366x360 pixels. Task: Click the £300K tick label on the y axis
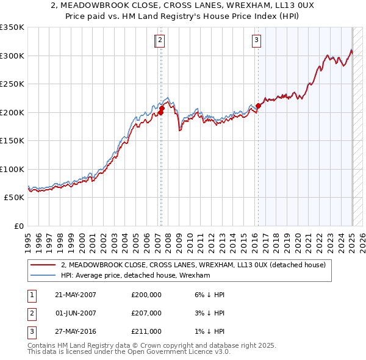pyautogui.click(x=12, y=56)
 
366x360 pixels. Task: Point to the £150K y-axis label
pyautogui.click(x=12, y=140)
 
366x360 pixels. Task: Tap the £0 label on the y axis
pyautogui.click(x=18, y=226)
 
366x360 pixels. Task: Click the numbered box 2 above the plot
pyautogui.click(x=159, y=41)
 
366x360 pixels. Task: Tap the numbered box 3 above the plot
pyautogui.click(x=256, y=41)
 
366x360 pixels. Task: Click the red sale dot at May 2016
pyautogui.click(x=258, y=106)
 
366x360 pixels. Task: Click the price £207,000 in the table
pyautogui.click(x=146, y=313)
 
